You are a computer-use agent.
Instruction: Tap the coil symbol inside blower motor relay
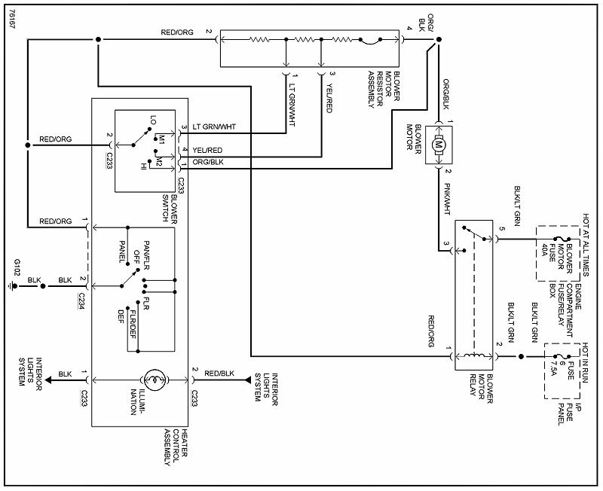475,355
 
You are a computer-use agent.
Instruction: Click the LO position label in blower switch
153,121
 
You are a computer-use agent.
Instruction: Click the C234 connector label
78,300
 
